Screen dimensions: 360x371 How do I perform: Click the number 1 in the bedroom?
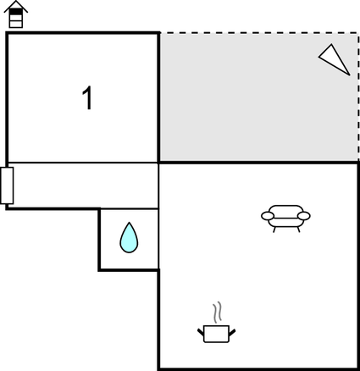tap(88, 97)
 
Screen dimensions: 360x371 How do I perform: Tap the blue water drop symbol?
tap(129, 238)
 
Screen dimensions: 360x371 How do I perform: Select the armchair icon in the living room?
tap(285, 218)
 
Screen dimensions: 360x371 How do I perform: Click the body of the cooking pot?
tap(216, 334)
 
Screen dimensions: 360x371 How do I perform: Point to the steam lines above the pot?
tap(217, 313)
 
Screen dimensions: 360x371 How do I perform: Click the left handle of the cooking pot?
tap(201, 332)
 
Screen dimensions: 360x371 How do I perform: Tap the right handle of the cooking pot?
tap(232, 332)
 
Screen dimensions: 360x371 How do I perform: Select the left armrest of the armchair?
tap(268, 216)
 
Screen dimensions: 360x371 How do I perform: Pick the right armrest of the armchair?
tap(304, 216)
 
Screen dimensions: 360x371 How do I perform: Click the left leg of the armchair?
tap(274, 230)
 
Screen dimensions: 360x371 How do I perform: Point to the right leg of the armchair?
tap(298, 230)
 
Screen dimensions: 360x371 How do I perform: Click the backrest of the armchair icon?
tap(285, 209)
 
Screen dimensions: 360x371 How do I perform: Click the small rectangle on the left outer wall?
tap(7, 185)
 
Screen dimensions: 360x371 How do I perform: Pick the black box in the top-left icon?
tap(16, 12)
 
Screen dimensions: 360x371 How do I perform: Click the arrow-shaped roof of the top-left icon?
tap(16, 6)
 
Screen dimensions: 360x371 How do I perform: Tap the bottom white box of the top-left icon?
tap(16, 25)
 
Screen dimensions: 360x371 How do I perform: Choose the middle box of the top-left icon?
tap(16, 18)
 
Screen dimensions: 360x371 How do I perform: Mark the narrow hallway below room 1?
tap(82, 185)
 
